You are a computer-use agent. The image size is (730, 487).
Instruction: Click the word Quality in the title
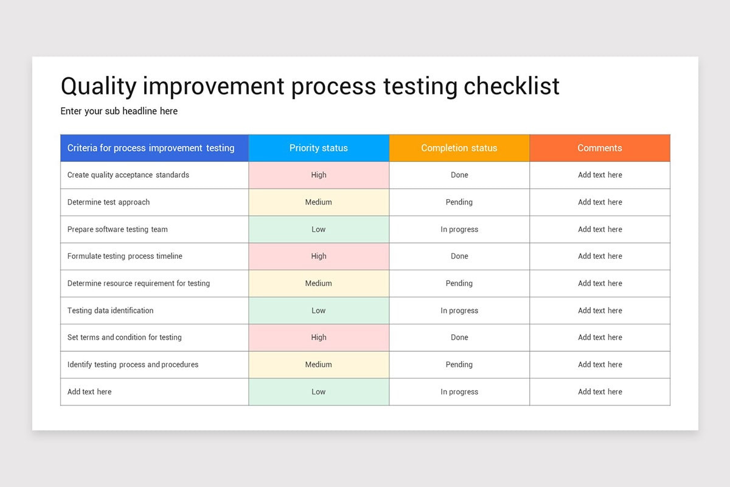99,86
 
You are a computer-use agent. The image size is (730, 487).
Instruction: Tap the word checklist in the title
511,86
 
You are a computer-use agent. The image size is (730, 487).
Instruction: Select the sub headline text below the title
119,111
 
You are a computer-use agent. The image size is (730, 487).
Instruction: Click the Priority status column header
319,148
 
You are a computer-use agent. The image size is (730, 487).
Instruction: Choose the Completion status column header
459,148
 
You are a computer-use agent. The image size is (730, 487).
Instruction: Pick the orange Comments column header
599,148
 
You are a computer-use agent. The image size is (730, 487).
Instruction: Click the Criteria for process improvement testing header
151,148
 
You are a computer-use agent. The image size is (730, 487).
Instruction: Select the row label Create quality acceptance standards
128,175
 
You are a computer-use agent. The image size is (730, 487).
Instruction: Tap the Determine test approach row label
108,202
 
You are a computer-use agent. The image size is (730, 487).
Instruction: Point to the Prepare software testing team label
117,229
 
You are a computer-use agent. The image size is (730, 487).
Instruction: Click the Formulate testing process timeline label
125,256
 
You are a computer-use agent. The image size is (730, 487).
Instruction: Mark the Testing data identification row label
110,310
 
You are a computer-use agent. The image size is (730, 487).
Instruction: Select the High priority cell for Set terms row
319,337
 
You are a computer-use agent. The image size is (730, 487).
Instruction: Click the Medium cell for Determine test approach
319,202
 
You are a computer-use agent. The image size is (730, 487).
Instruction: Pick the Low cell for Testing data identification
319,310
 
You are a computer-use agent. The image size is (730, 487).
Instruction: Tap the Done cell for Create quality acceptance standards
459,175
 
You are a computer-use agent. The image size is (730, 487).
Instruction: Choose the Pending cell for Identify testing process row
459,365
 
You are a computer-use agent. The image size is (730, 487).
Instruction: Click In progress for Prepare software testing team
459,229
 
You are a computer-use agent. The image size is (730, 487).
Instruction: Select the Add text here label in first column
89,392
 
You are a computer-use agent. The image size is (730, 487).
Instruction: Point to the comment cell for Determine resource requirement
600,283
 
